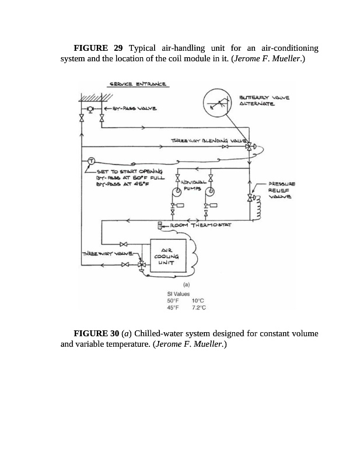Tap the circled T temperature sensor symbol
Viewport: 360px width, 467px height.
pyautogui.click(x=91, y=161)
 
